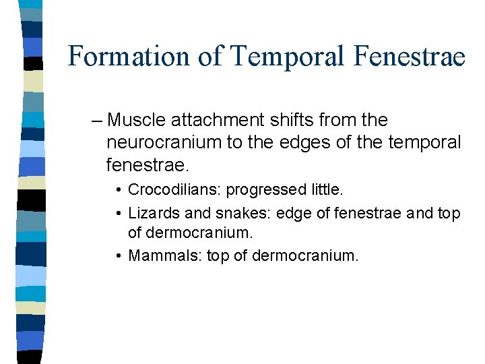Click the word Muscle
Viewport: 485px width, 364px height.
click(137, 121)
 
